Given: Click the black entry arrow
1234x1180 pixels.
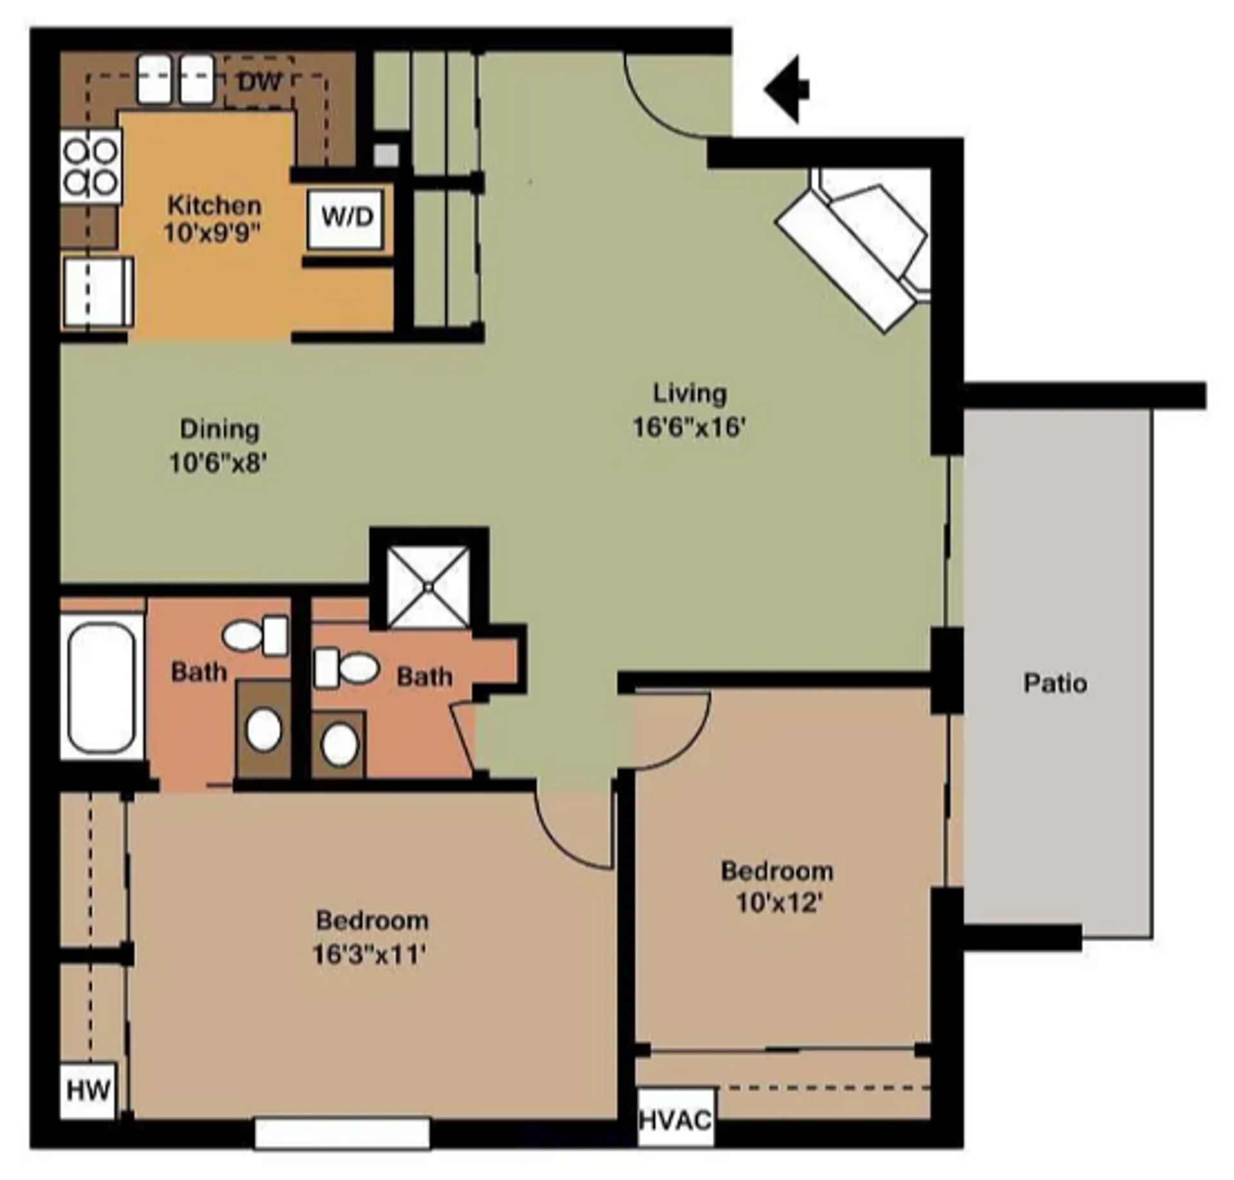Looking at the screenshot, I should (787, 89).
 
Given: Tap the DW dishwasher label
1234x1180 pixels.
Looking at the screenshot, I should (260, 82).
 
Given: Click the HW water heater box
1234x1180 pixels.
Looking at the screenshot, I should (89, 1089).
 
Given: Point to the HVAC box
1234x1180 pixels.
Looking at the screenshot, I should (675, 1120).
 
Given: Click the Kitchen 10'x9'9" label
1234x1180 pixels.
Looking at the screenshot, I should (213, 219).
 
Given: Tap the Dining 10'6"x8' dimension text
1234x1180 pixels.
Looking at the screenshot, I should (218, 462).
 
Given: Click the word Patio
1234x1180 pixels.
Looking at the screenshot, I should (1055, 683).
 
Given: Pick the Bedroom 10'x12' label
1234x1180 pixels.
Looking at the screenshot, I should (778, 887).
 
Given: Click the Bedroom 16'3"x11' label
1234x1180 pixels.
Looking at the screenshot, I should (371, 937).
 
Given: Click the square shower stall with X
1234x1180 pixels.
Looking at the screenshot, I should (429, 586).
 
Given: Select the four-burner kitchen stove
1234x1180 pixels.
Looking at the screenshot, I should (91, 166).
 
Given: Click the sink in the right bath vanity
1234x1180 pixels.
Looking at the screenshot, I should (339, 744).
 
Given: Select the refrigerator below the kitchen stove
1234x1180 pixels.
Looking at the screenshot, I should (97, 292).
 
